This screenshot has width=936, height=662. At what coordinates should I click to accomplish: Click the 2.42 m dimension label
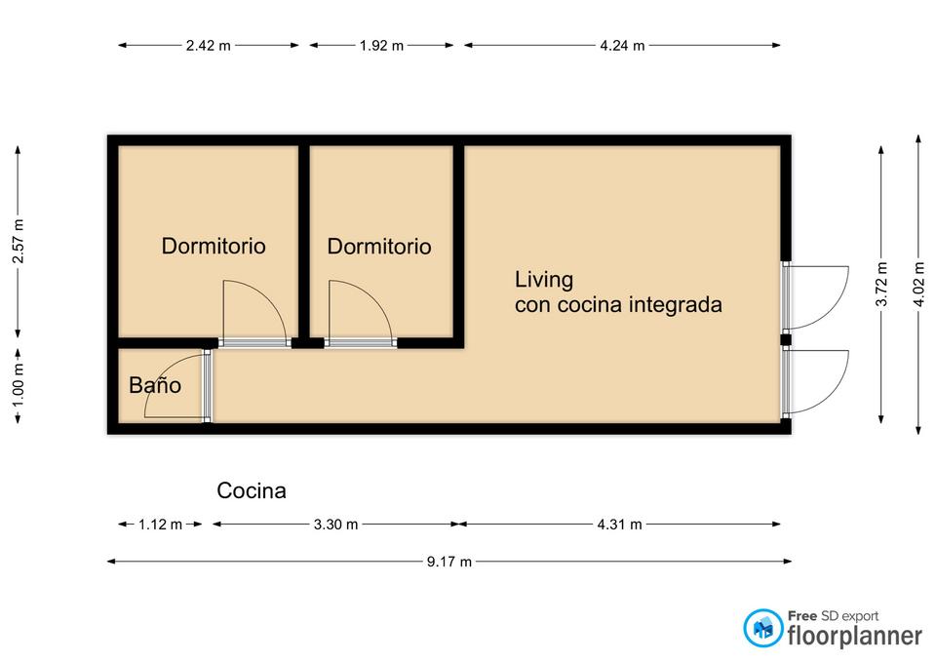point(209,46)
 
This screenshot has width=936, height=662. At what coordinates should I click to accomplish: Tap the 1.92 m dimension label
point(381,46)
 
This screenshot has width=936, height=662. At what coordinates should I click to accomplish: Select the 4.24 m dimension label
point(622,46)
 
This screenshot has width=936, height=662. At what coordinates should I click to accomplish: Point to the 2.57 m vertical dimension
point(19,241)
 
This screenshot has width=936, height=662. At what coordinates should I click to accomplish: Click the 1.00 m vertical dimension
point(19,385)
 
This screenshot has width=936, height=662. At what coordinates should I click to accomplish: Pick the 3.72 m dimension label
point(881,284)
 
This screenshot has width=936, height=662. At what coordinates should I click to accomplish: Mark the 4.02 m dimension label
point(918,284)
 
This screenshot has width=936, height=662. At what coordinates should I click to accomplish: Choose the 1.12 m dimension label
point(160,525)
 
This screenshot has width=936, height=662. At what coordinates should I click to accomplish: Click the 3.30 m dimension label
point(335,525)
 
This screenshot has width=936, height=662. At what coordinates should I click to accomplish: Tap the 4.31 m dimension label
point(620,525)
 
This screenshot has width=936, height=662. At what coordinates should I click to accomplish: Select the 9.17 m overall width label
point(448,562)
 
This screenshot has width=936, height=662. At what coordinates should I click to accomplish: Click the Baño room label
point(155,385)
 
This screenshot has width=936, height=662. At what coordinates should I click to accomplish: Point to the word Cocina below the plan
point(252,490)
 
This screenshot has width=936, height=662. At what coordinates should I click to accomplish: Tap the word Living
point(544,280)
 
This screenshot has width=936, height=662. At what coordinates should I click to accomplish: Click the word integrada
point(676,305)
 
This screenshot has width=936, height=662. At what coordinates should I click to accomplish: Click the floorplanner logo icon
point(762,628)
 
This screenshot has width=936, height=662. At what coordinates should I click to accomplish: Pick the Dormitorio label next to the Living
point(379,247)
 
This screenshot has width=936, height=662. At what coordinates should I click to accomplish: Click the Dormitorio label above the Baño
point(214,246)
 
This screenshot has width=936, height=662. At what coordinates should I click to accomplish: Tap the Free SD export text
point(833,616)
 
